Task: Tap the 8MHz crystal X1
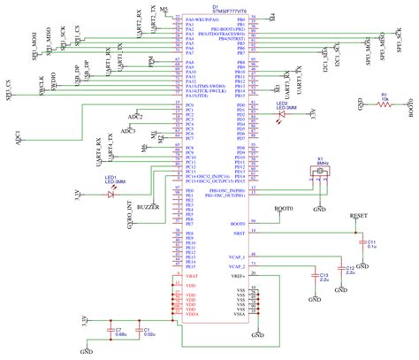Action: point(323,178)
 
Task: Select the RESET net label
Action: point(360,215)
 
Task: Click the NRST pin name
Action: point(237,234)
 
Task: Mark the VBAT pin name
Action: point(193,277)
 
